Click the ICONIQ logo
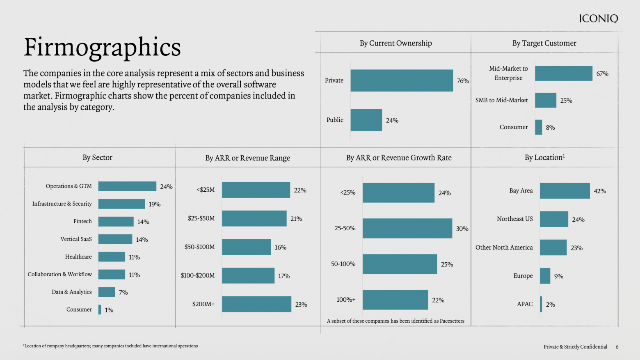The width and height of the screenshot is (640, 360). (x=599, y=18)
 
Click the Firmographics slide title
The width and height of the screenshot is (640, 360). (x=102, y=47)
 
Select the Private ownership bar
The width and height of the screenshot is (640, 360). (x=402, y=80)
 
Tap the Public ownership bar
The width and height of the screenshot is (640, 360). (x=366, y=120)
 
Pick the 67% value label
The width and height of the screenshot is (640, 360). (x=602, y=74)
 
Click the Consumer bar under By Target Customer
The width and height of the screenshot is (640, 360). (x=539, y=127)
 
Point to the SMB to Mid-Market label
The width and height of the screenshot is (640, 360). (x=501, y=100)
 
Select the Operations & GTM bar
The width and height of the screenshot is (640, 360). (x=128, y=186)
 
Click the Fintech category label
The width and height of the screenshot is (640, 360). (x=82, y=221)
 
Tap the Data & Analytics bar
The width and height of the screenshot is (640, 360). (x=107, y=292)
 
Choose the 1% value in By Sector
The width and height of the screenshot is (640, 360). (x=109, y=310)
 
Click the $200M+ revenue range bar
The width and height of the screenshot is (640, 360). (x=256, y=304)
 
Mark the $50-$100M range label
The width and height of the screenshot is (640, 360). (x=199, y=247)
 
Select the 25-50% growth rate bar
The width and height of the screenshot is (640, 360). (x=407, y=228)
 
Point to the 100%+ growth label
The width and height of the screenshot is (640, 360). (x=346, y=300)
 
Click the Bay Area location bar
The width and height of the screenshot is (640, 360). (x=565, y=190)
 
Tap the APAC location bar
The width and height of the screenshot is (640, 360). (x=541, y=304)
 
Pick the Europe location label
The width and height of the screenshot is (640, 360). (x=523, y=276)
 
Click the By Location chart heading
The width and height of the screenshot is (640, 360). (x=544, y=157)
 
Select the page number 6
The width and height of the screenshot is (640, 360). (x=617, y=347)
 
